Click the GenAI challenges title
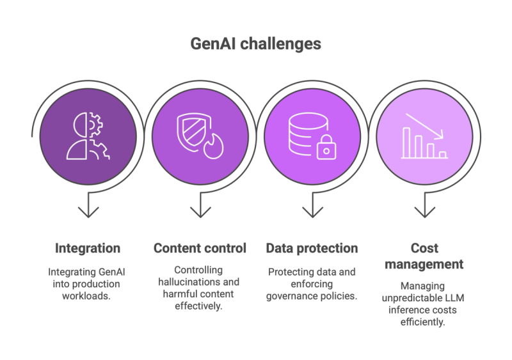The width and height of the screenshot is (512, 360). pyautogui.click(x=255, y=44)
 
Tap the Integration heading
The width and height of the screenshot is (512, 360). pyautogui.click(x=88, y=248)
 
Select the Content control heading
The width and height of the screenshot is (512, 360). pyautogui.click(x=200, y=248)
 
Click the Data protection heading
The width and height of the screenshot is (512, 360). pyautogui.click(x=312, y=248)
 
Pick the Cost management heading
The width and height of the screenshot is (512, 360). pyautogui.click(x=424, y=256)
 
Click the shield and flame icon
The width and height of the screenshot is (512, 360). pyautogui.click(x=200, y=136)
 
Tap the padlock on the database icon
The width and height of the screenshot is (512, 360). pyautogui.click(x=326, y=148)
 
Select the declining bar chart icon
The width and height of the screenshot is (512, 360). pyautogui.click(x=424, y=136)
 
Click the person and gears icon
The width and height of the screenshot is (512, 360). pyautogui.click(x=88, y=136)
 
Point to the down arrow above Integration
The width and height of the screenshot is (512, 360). pyautogui.click(x=88, y=205)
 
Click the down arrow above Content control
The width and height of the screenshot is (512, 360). pyautogui.click(x=200, y=205)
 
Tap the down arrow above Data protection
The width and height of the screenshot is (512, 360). pyautogui.click(x=312, y=205)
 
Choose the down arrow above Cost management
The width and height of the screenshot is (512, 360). pyautogui.click(x=424, y=205)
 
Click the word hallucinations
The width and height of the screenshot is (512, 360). pyautogui.click(x=184, y=282)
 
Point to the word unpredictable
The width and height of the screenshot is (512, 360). pyautogui.click(x=412, y=299)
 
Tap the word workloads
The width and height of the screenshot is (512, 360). pyautogui.click(x=86, y=296)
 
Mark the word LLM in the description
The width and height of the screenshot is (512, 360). pyautogui.click(x=454, y=298)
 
